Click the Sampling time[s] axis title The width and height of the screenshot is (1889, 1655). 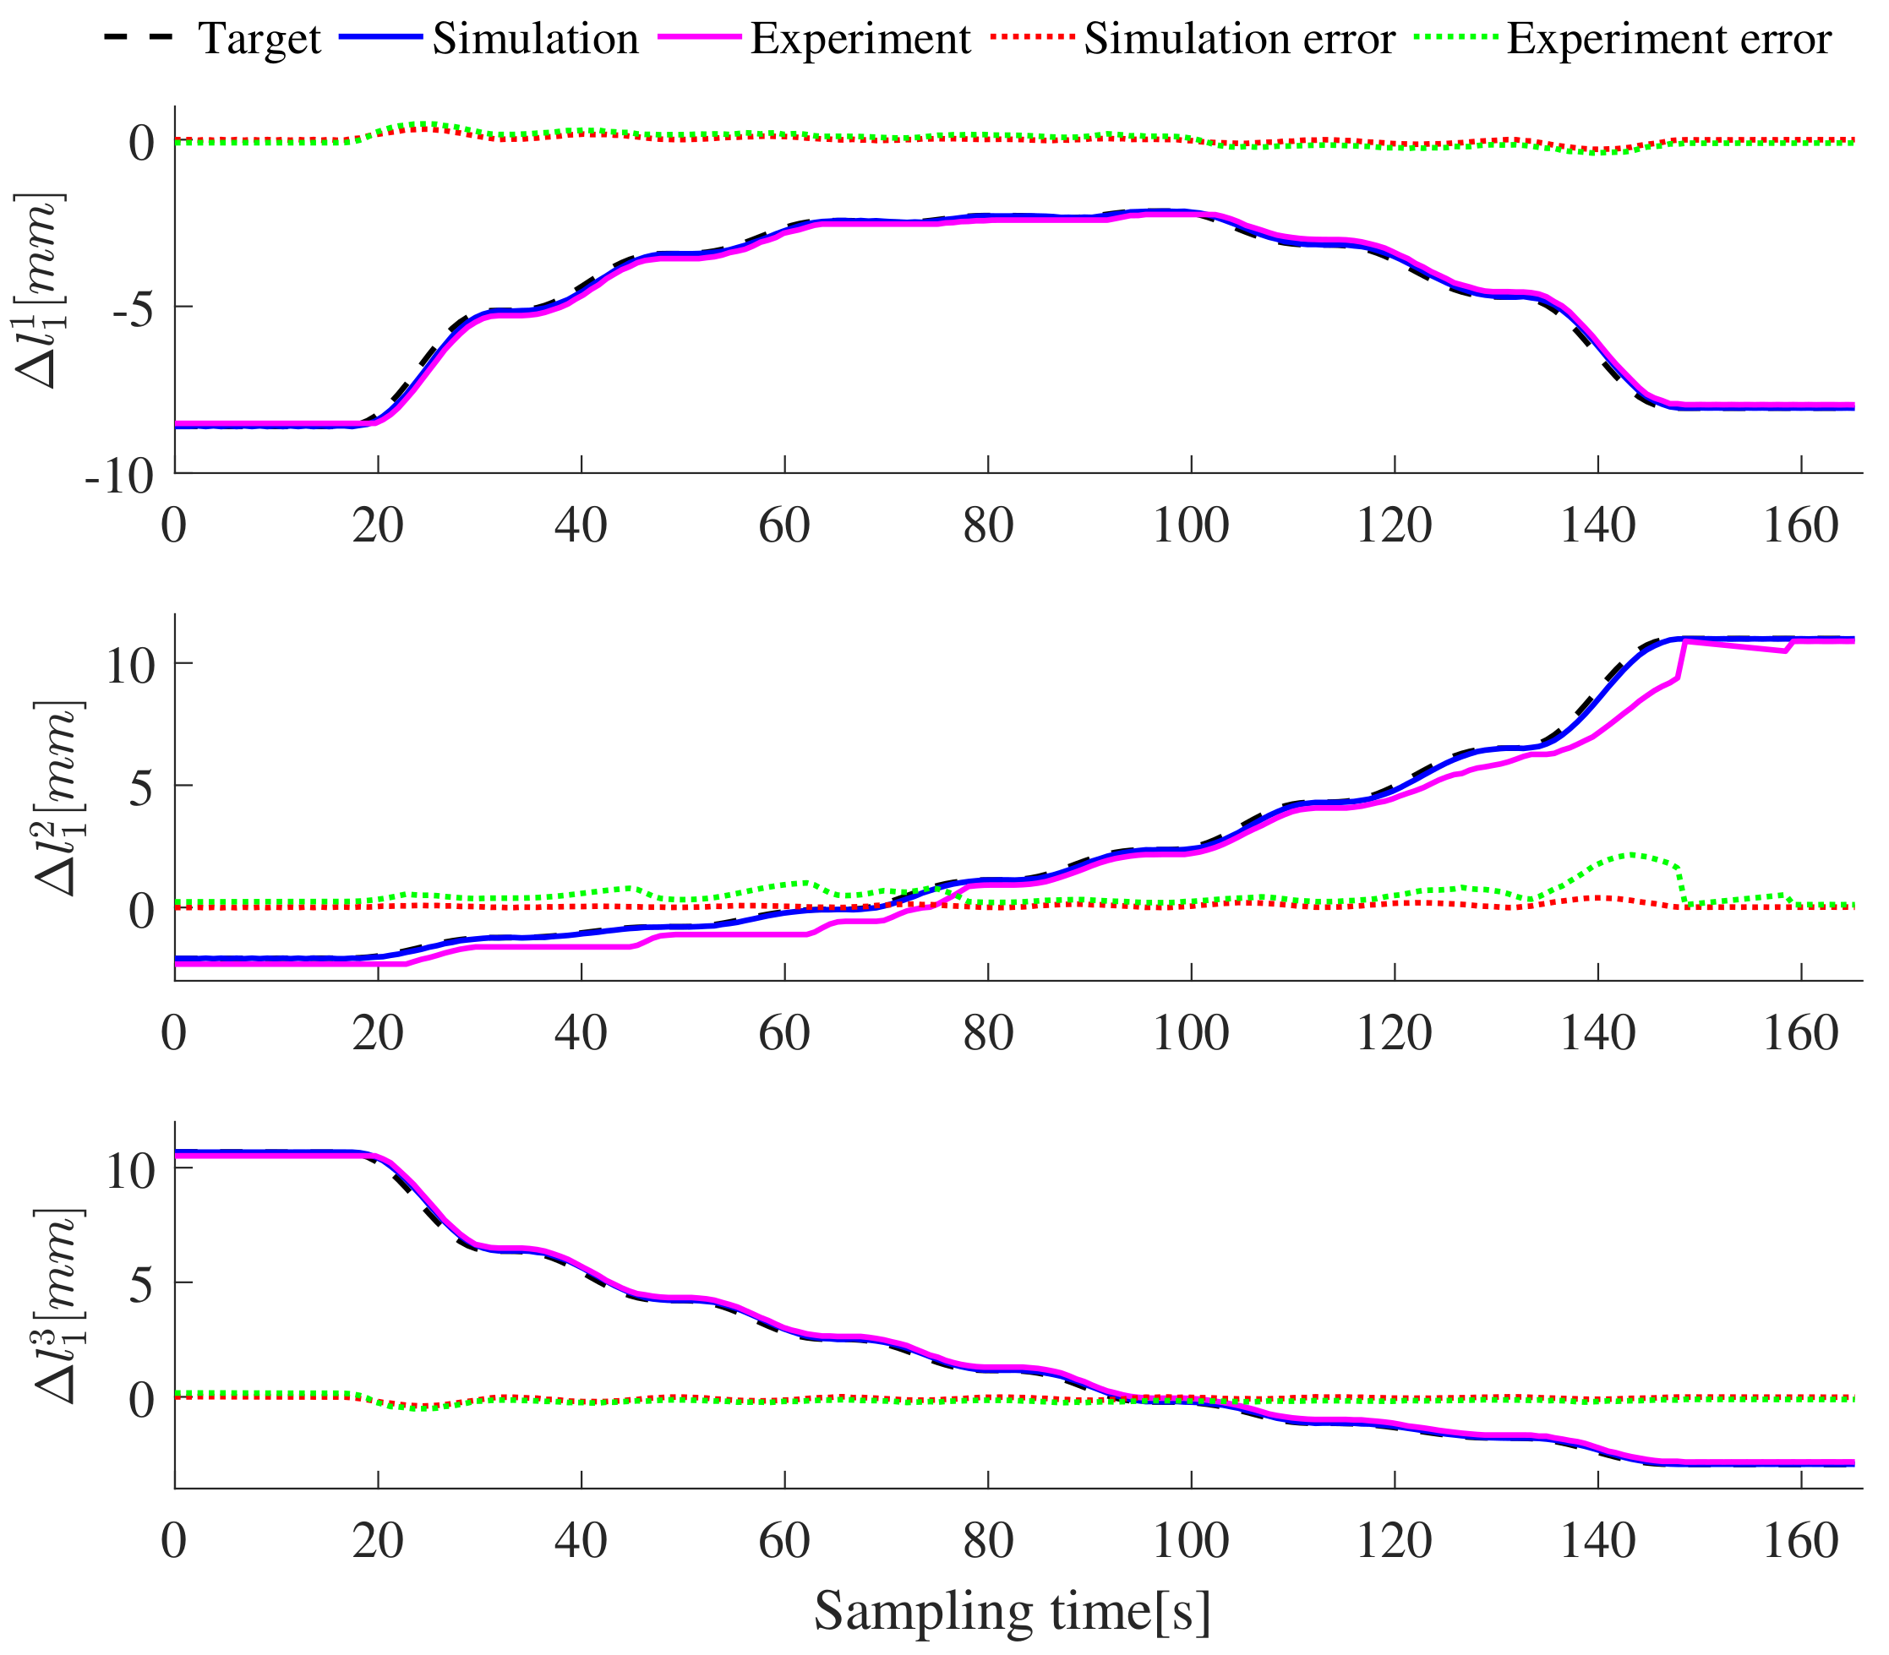1011,1611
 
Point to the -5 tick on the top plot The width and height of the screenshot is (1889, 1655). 133,308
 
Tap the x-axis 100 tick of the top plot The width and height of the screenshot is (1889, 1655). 1191,526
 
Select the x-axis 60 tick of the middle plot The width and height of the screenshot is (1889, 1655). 784,1032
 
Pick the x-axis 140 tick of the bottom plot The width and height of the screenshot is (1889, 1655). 1597,1540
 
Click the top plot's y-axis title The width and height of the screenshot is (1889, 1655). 39,291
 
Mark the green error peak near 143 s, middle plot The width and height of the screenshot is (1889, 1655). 1631,854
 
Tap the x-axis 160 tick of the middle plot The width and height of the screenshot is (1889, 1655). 1801,1032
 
